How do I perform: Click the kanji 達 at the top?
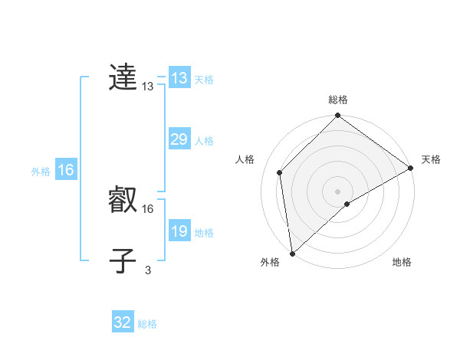(x=123, y=78)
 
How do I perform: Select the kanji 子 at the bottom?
(x=123, y=261)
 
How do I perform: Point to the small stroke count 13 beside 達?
(x=148, y=87)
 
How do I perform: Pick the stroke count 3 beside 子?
(x=148, y=270)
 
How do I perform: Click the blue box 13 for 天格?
(x=179, y=78)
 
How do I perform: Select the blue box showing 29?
(x=179, y=139)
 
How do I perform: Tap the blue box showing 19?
(x=179, y=231)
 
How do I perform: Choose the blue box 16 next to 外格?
(x=66, y=170)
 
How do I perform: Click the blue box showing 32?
(x=123, y=322)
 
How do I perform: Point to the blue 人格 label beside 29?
(x=204, y=141)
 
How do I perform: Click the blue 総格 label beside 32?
(x=147, y=324)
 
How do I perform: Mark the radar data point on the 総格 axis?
(x=338, y=116)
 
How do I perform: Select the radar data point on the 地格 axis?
(x=347, y=204)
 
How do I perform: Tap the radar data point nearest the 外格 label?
(x=292, y=254)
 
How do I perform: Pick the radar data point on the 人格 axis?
(x=280, y=172)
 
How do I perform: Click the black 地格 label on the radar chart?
(x=402, y=263)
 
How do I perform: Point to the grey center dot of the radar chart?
(x=338, y=191)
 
